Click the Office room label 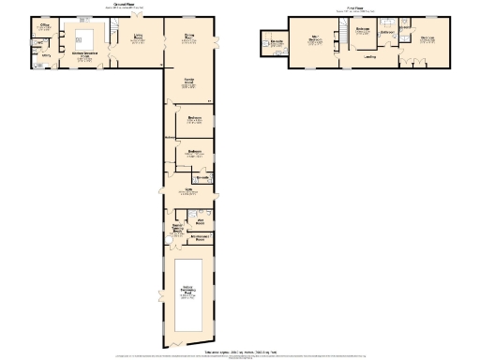click(44, 27)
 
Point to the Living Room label click(139, 37)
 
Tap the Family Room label click(189, 82)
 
